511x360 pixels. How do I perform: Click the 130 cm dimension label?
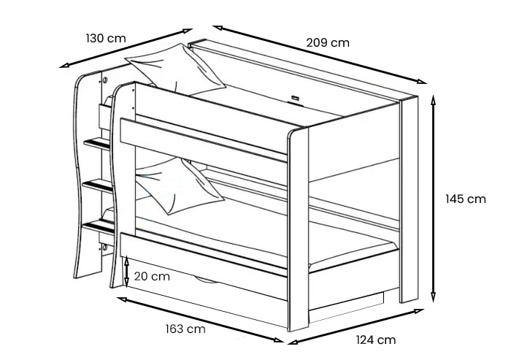click(x=106, y=38)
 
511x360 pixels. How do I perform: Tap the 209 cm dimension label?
click(x=327, y=42)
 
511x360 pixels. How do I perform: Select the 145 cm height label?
click(x=465, y=199)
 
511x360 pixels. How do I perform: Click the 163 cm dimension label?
click(x=185, y=329)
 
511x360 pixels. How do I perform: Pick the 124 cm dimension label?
click(x=376, y=340)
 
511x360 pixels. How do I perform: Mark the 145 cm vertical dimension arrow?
click(x=434, y=199)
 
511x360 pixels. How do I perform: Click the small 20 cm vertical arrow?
click(x=127, y=271)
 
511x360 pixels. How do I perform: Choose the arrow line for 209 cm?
click(x=320, y=55)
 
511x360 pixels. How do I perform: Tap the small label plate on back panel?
click(x=296, y=96)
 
